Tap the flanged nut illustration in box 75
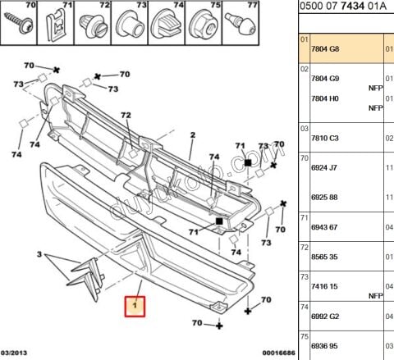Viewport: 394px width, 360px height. point(204,25)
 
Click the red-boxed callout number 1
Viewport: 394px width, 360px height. point(135,307)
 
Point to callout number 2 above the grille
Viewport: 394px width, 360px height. point(193,134)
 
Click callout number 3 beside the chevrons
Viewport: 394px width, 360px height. point(39,254)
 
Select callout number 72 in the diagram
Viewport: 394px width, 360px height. point(126,115)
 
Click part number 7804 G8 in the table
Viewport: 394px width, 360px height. point(325,49)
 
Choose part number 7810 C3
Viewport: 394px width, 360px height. point(325,138)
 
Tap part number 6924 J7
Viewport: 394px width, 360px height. point(323,167)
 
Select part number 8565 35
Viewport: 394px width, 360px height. point(324,257)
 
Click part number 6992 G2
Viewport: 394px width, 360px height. point(325,317)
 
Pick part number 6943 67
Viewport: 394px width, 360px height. point(324,227)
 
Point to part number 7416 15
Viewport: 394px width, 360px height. point(324,286)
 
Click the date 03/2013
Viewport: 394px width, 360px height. point(14,353)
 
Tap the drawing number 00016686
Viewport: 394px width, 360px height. point(279,353)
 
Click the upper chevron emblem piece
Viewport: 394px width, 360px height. point(85,267)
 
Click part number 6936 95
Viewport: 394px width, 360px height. point(325,346)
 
